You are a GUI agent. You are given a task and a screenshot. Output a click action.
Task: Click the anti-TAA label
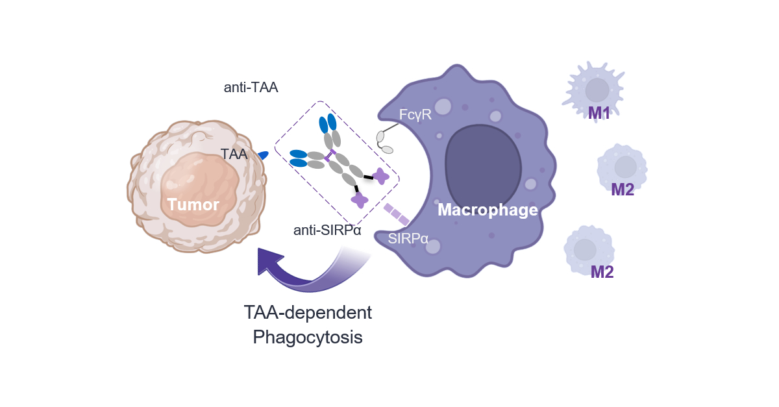point(251,88)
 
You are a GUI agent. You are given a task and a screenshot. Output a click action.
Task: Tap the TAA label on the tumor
point(234,154)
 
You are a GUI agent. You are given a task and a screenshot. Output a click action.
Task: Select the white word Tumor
point(193,205)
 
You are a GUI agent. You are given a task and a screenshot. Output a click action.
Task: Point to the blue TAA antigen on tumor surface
point(263,155)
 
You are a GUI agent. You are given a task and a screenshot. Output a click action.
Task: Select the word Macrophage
point(488,210)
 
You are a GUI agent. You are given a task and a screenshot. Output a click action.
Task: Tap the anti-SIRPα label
point(327,230)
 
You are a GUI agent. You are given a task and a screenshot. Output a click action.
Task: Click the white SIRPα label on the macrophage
point(408,238)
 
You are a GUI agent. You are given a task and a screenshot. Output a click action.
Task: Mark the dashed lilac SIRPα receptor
point(396,214)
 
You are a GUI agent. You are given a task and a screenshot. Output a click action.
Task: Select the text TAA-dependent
point(308,312)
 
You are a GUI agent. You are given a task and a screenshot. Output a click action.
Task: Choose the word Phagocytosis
point(308,338)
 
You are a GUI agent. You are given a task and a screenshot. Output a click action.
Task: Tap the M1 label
point(599,113)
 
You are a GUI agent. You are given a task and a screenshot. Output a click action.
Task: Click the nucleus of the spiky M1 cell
point(597,90)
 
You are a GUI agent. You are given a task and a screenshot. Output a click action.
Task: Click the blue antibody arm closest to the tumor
point(298,158)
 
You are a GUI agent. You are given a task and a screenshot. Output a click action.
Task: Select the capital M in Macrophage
point(444,210)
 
